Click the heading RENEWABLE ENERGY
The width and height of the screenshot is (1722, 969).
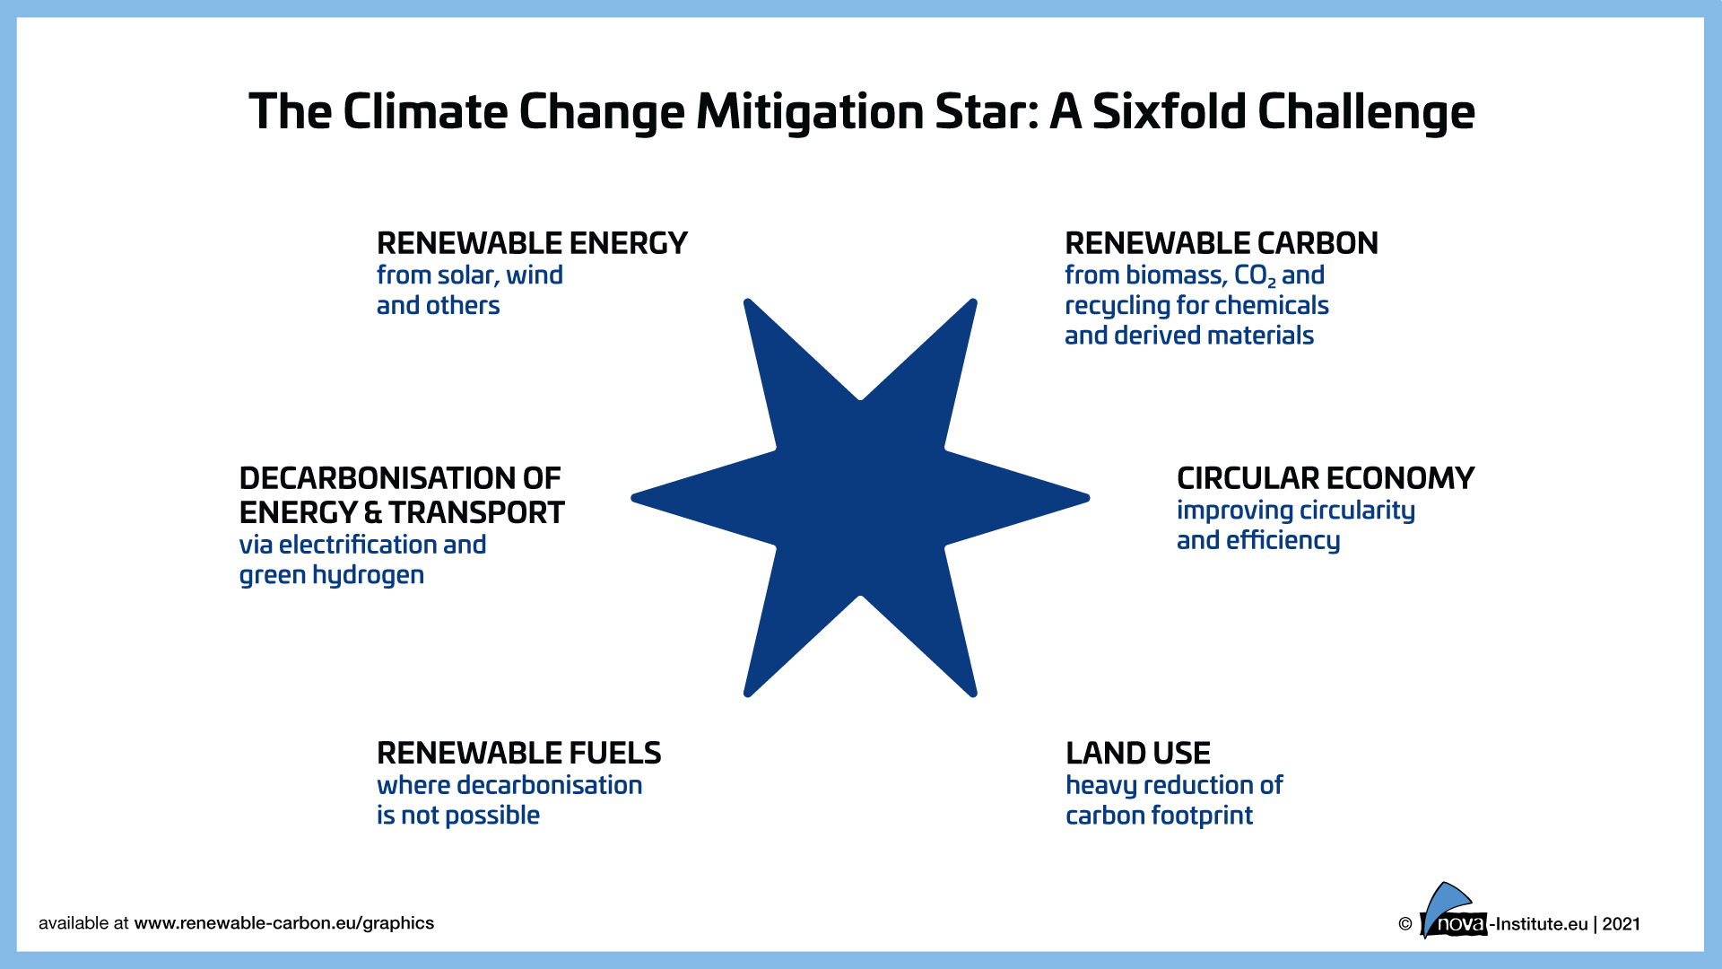[532, 243]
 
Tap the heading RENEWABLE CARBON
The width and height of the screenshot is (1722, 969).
[1221, 243]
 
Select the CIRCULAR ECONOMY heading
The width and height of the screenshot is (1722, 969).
[1325, 478]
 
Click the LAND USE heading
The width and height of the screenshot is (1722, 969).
[1137, 753]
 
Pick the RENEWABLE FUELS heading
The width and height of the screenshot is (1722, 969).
[518, 753]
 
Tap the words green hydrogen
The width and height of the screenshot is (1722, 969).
[331, 575]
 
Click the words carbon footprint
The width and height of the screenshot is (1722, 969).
[1159, 816]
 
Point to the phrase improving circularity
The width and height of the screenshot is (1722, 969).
[1295, 511]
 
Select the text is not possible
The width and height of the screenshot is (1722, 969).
[457, 816]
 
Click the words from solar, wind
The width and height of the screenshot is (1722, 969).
[469, 275]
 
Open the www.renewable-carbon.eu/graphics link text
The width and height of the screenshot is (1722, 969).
[283, 923]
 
